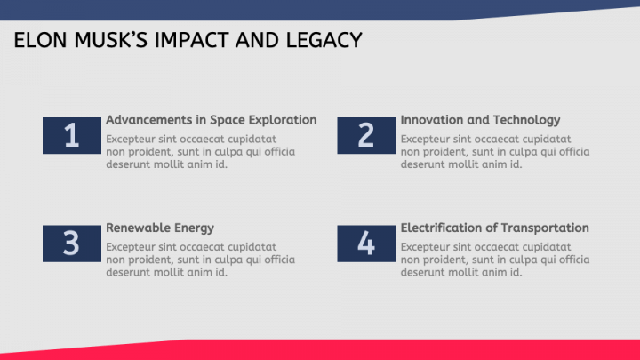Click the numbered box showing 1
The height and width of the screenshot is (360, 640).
coord(71,135)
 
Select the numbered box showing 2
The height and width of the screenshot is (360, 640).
coord(366,135)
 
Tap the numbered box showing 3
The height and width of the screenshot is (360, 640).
coord(71,244)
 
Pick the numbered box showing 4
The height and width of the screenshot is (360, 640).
coord(366,244)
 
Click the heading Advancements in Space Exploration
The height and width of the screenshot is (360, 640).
coord(211,120)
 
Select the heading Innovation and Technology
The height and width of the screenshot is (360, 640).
coord(480,120)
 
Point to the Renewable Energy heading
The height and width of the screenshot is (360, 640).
coord(160,228)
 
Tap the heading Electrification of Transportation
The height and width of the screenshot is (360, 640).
coord(494,228)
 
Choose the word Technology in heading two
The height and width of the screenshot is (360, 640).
coord(524,120)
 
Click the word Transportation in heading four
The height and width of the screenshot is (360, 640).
coord(544,228)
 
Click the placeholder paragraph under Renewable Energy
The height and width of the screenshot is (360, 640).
coord(200,260)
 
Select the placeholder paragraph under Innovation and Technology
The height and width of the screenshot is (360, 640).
coord(494,152)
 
